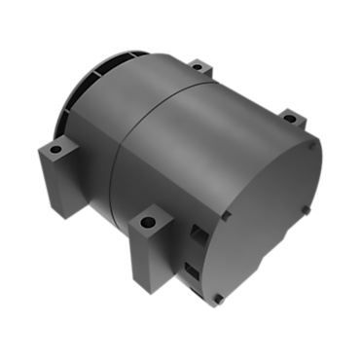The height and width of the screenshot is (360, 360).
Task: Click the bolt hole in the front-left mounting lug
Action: [55, 149]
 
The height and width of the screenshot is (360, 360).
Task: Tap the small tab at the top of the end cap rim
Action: [309, 135]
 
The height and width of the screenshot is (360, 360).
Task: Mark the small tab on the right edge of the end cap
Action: [309, 206]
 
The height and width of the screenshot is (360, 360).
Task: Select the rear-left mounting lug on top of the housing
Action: [200, 71]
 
